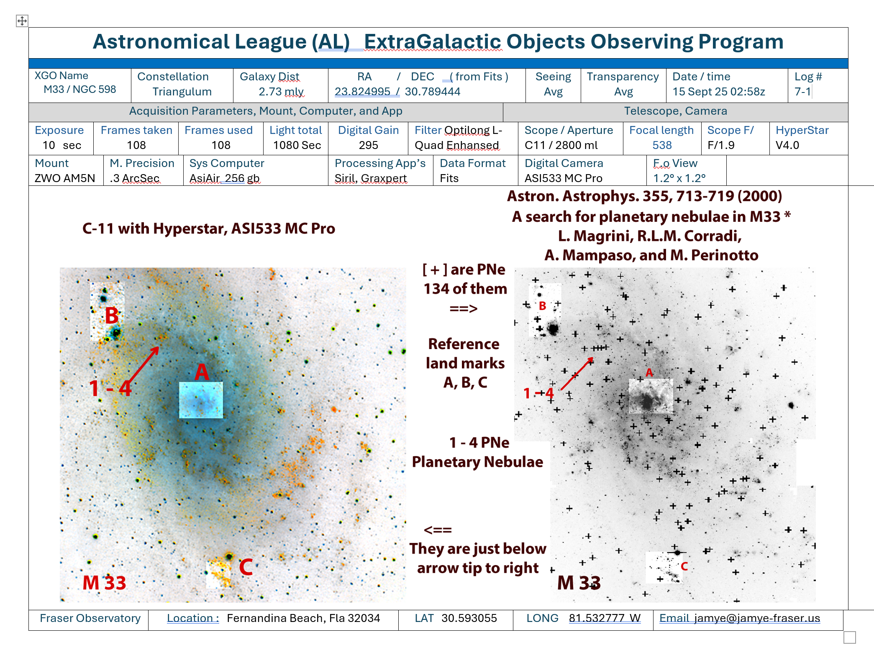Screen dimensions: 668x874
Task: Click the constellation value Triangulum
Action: (182, 92)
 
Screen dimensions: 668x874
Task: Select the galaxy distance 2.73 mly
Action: (281, 92)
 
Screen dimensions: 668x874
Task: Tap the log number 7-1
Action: (802, 92)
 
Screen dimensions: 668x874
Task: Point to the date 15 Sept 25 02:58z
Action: (718, 92)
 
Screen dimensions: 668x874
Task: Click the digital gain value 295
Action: (368, 145)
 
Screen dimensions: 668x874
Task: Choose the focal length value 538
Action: (662, 145)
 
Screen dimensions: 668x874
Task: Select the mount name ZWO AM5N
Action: (65, 178)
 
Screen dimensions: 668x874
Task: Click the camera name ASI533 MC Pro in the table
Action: (563, 178)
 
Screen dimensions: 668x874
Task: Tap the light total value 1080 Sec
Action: (297, 145)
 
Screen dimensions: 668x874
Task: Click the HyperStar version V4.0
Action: (787, 145)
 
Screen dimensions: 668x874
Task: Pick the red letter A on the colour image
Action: (202, 372)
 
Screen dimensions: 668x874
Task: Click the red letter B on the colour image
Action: (111, 316)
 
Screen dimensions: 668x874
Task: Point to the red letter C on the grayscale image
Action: (684, 566)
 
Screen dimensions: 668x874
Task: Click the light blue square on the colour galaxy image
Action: (201, 400)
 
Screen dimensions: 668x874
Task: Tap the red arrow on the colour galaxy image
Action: (143, 365)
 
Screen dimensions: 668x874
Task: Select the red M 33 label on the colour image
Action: (104, 583)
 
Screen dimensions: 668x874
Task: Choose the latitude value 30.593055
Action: (469, 618)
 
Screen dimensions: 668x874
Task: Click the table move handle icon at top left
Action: (22, 21)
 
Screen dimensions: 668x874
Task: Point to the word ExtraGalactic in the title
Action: (432, 42)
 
